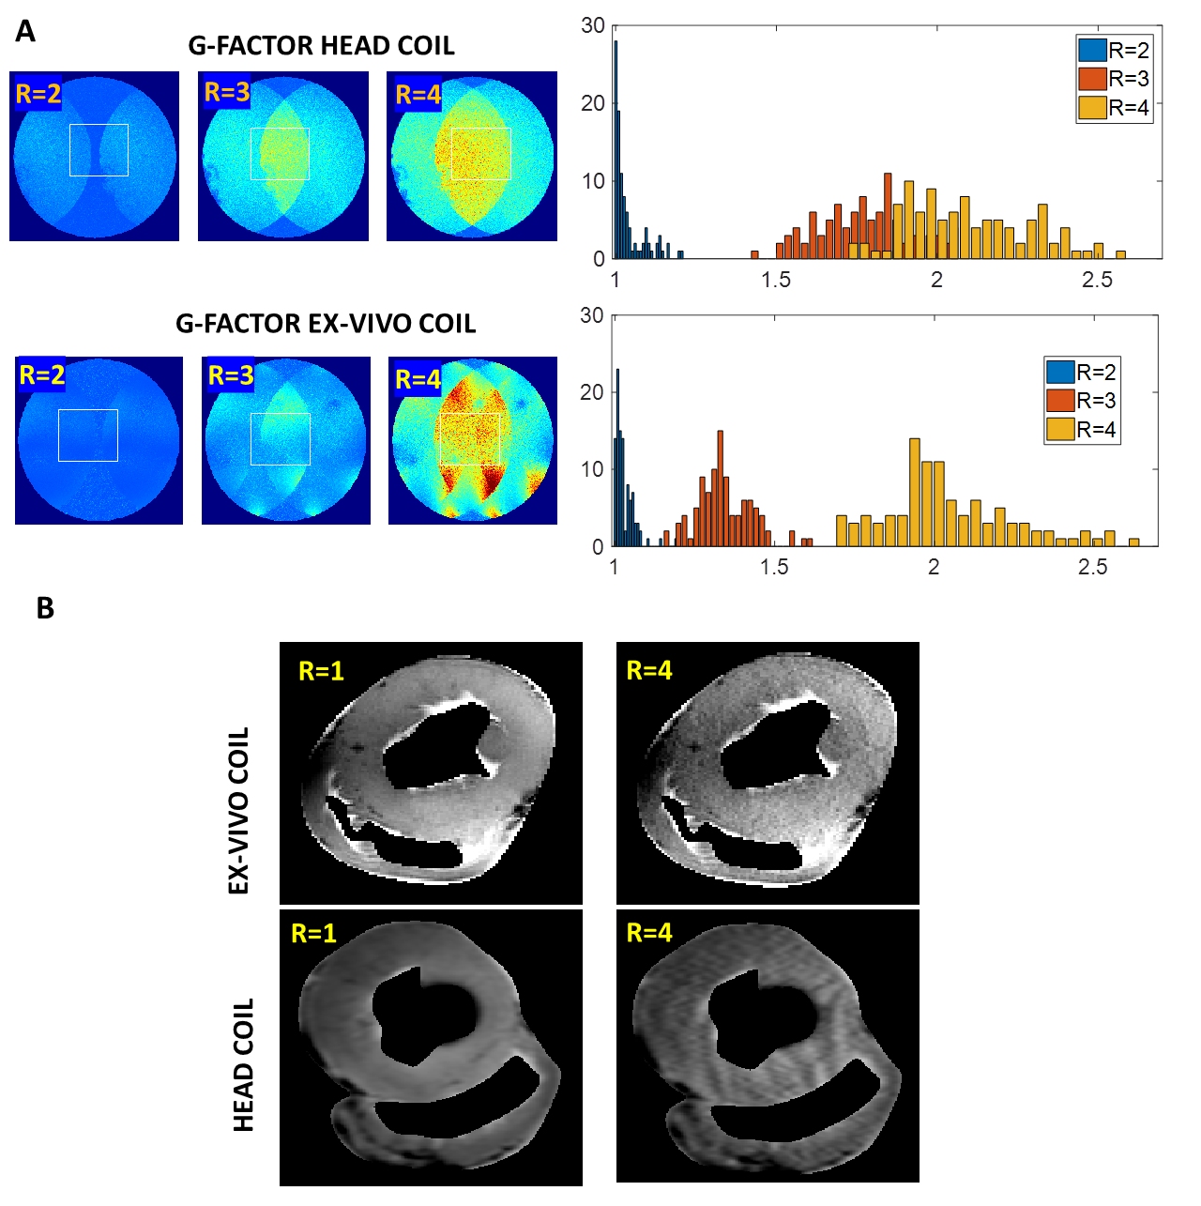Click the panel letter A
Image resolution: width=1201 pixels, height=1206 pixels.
pyautogui.click(x=25, y=32)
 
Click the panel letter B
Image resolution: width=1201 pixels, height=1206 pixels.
pyautogui.click(x=45, y=608)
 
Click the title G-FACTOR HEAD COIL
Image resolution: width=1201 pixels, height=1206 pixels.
pyautogui.click(x=321, y=46)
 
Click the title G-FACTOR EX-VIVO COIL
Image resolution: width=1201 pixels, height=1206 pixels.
pyautogui.click(x=326, y=324)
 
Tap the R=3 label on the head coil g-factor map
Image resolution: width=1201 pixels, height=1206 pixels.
pyautogui.click(x=227, y=92)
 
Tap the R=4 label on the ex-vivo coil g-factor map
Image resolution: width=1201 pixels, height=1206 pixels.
pyautogui.click(x=418, y=379)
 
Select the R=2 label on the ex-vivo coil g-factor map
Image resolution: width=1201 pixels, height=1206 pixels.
pyautogui.click(x=41, y=375)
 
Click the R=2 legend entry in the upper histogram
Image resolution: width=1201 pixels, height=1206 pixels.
pyautogui.click(x=1115, y=51)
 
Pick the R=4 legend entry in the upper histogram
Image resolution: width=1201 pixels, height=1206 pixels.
pyautogui.click(x=1115, y=108)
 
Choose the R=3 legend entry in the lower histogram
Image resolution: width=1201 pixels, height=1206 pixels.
pyautogui.click(x=1083, y=401)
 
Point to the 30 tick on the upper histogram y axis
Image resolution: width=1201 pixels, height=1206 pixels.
pyautogui.click(x=593, y=25)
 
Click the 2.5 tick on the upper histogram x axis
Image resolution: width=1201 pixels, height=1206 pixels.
pyautogui.click(x=1096, y=280)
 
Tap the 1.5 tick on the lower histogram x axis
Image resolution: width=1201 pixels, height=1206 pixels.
pyautogui.click(x=773, y=567)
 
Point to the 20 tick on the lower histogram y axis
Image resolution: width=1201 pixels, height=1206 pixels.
pyautogui.click(x=592, y=392)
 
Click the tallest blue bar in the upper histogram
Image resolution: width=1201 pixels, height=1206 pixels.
pyautogui.click(x=616, y=150)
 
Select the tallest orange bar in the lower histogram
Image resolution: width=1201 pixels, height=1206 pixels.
pyautogui.click(x=720, y=488)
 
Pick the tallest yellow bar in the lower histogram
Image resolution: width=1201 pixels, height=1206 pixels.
pyautogui.click(x=914, y=492)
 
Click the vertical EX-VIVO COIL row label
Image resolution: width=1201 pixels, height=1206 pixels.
pyautogui.click(x=239, y=810)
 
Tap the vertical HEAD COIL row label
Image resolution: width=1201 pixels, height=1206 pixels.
pyautogui.click(x=243, y=1065)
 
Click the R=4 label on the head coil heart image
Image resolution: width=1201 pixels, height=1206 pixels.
pyautogui.click(x=649, y=933)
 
